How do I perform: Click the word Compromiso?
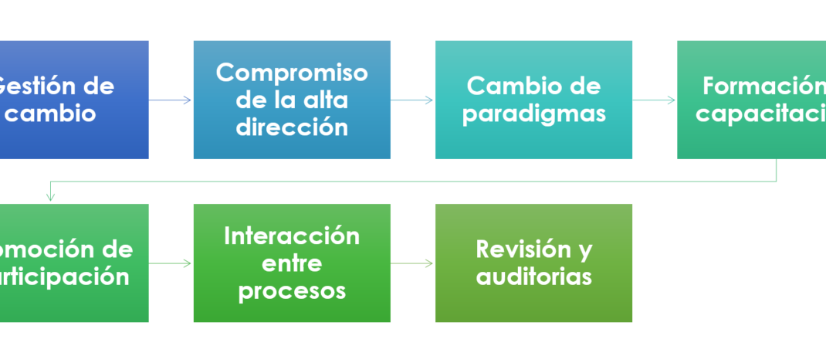292,73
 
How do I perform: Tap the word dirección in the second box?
292,127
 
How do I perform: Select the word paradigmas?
533,114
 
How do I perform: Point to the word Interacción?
292,236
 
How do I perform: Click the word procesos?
292,290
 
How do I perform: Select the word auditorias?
533,276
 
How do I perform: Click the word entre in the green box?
292,263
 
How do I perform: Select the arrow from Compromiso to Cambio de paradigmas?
412,100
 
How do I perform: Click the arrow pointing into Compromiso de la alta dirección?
171,100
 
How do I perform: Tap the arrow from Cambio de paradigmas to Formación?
655,100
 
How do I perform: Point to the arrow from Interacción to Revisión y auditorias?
412,263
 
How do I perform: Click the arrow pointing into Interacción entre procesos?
171,263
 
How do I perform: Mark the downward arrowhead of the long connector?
50,197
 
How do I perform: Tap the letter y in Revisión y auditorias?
584,251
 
